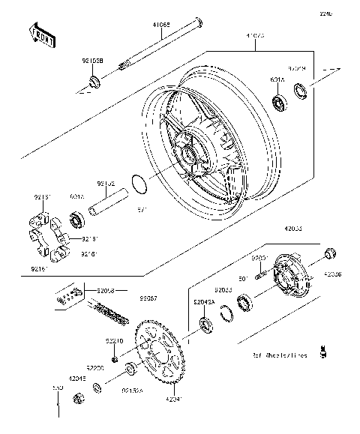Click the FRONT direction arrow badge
[x=42, y=35]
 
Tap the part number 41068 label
[x=161, y=25]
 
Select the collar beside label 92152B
[x=94, y=80]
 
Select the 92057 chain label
[x=139, y=298]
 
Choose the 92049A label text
[x=204, y=301]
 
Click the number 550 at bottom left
[x=57, y=389]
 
